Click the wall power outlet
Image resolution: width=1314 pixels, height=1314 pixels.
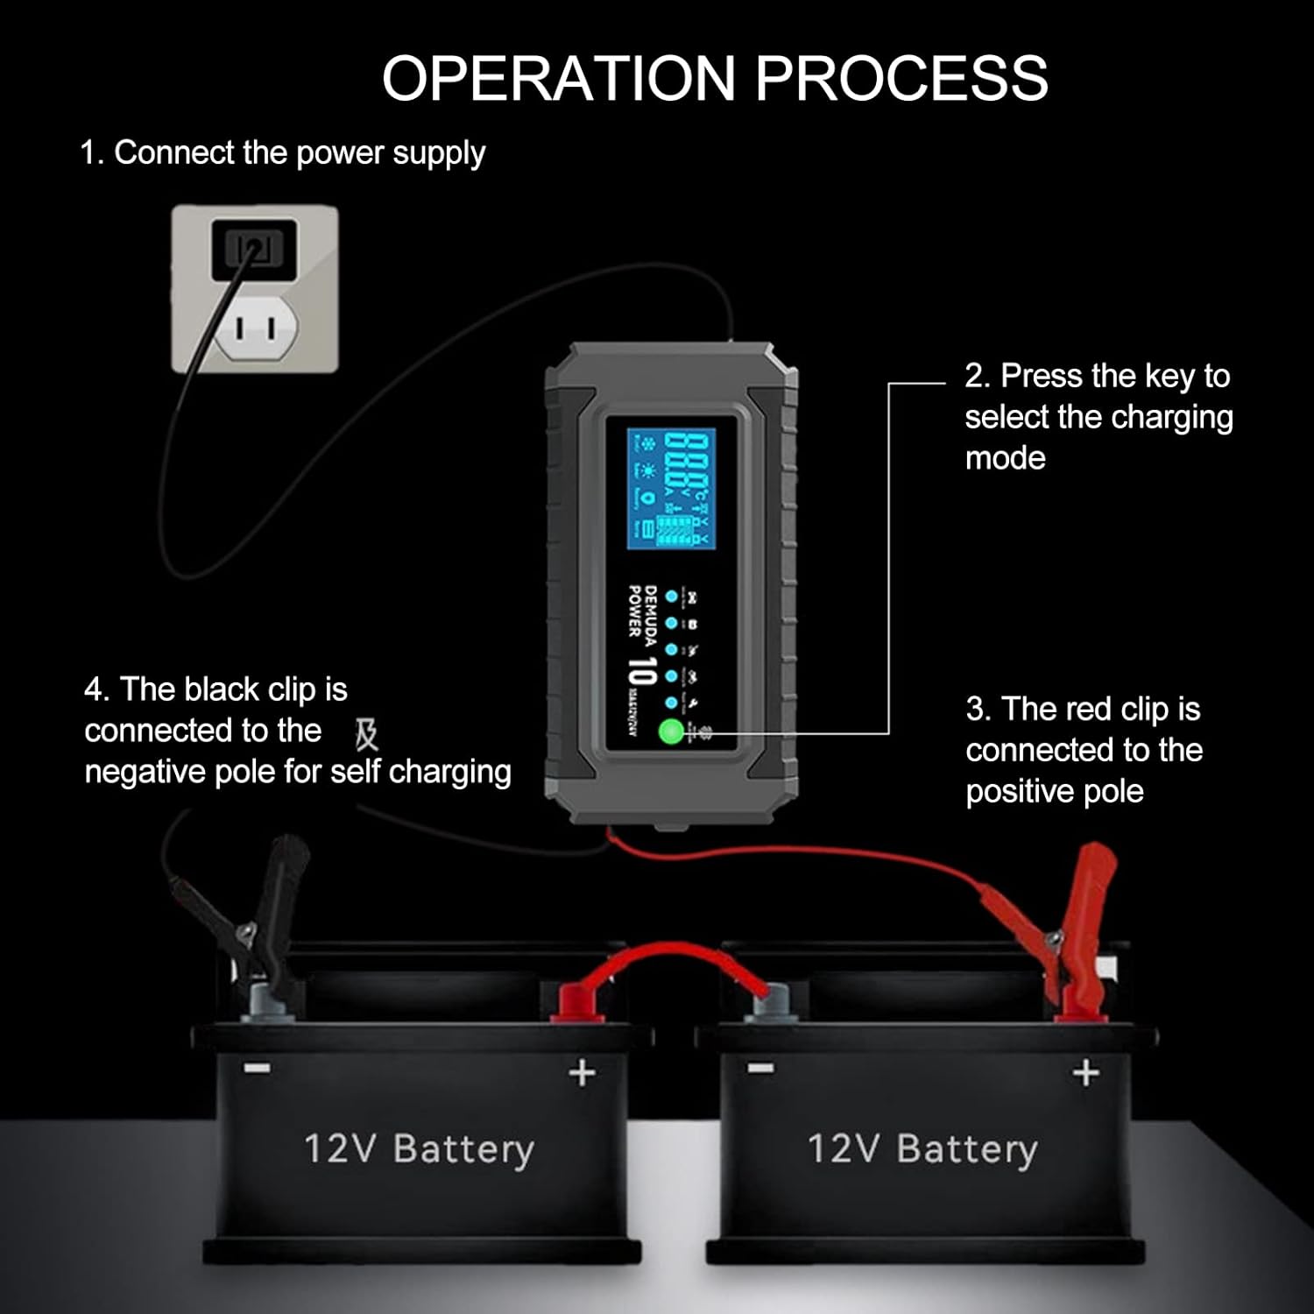[254, 289]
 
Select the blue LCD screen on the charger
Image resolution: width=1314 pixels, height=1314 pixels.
[671, 489]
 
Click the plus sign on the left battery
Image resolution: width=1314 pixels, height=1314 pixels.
[583, 1072]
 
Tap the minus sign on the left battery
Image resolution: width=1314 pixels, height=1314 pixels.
[257, 1069]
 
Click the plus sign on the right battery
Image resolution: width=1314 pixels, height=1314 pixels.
[1085, 1072]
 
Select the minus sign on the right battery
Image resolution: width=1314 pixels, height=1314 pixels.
[760, 1068]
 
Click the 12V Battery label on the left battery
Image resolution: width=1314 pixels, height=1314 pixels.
[419, 1149]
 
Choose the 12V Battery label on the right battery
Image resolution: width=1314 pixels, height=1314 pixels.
[922, 1149]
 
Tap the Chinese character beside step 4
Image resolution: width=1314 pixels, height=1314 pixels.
[366, 734]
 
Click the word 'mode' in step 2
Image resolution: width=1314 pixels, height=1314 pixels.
[1005, 458]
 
